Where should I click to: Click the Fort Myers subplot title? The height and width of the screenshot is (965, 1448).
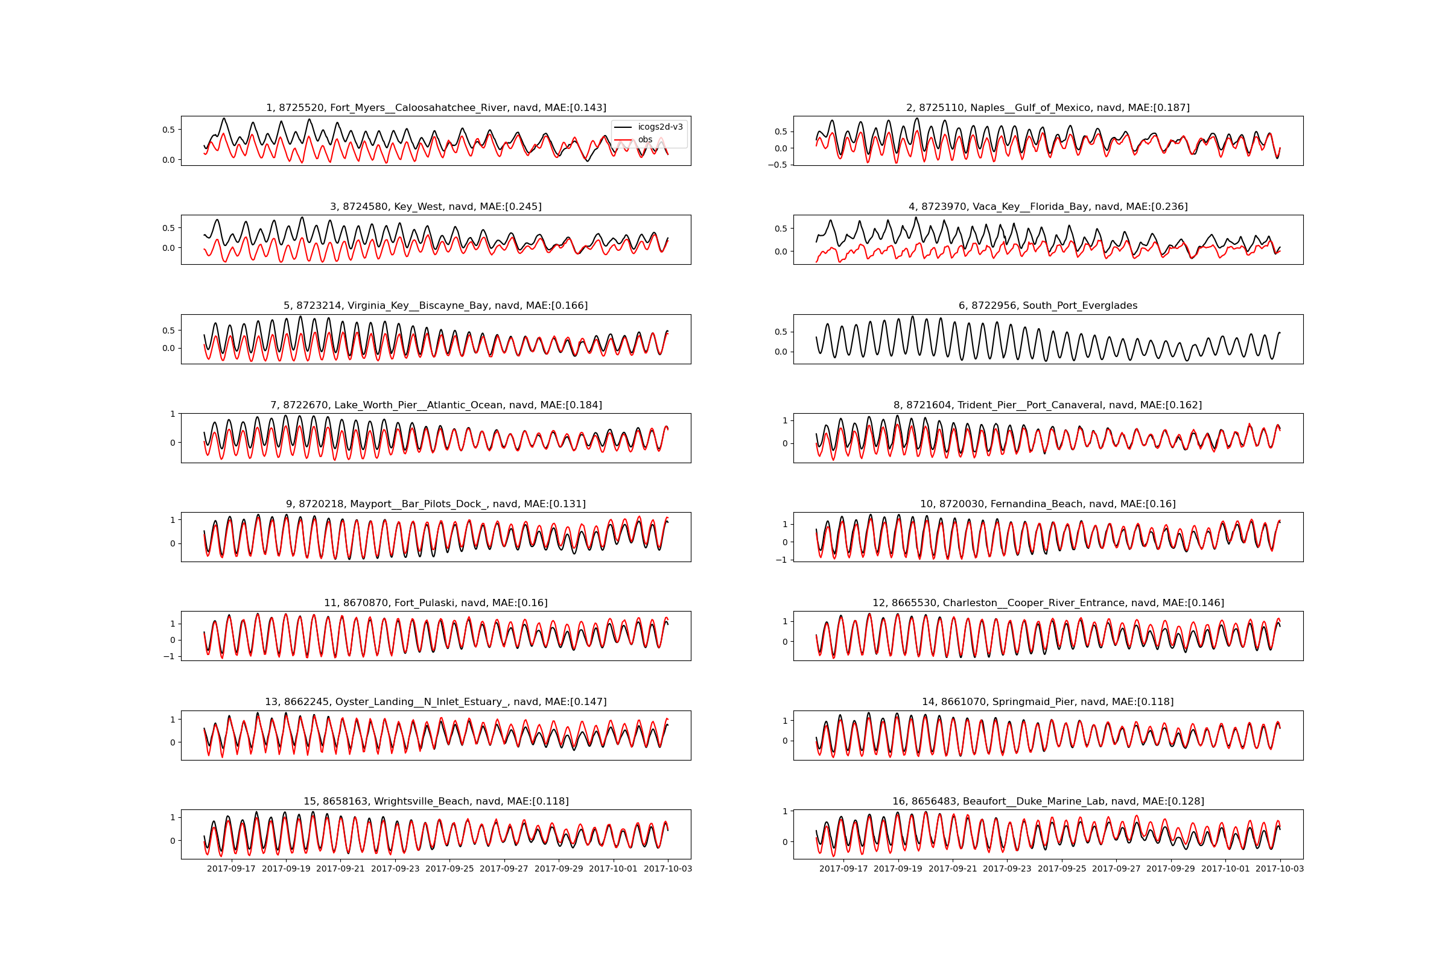(x=436, y=108)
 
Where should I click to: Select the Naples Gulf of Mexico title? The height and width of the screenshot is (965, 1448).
(x=1048, y=108)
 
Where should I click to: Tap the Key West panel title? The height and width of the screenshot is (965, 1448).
(x=436, y=207)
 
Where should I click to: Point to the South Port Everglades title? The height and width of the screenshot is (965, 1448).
(x=1048, y=306)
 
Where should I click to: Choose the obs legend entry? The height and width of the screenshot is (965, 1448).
(x=644, y=140)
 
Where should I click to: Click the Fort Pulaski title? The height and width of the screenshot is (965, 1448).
(x=436, y=603)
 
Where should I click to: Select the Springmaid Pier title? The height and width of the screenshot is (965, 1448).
(x=1048, y=702)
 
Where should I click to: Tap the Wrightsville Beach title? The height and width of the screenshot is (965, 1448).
(x=436, y=802)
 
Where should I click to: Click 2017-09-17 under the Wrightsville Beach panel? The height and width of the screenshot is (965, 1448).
(x=231, y=869)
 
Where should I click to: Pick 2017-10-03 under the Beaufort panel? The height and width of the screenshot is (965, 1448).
(x=1280, y=869)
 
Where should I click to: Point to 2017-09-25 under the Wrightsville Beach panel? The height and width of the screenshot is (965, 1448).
(x=449, y=869)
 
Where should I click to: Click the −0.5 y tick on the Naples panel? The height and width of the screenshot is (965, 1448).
(x=778, y=165)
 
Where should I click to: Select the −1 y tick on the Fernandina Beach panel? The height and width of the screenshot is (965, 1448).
(x=781, y=560)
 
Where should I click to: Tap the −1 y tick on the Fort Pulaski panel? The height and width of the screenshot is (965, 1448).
(x=169, y=657)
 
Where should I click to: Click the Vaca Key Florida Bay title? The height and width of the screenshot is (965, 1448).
(x=1048, y=207)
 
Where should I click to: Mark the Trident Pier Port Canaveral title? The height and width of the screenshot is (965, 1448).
(x=1048, y=405)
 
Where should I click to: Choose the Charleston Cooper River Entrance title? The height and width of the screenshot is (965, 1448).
(x=1048, y=603)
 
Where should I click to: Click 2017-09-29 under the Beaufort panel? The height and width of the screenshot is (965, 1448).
(x=1170, y=869)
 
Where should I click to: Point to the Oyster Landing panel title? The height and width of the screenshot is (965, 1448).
(x=436, y=702)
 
